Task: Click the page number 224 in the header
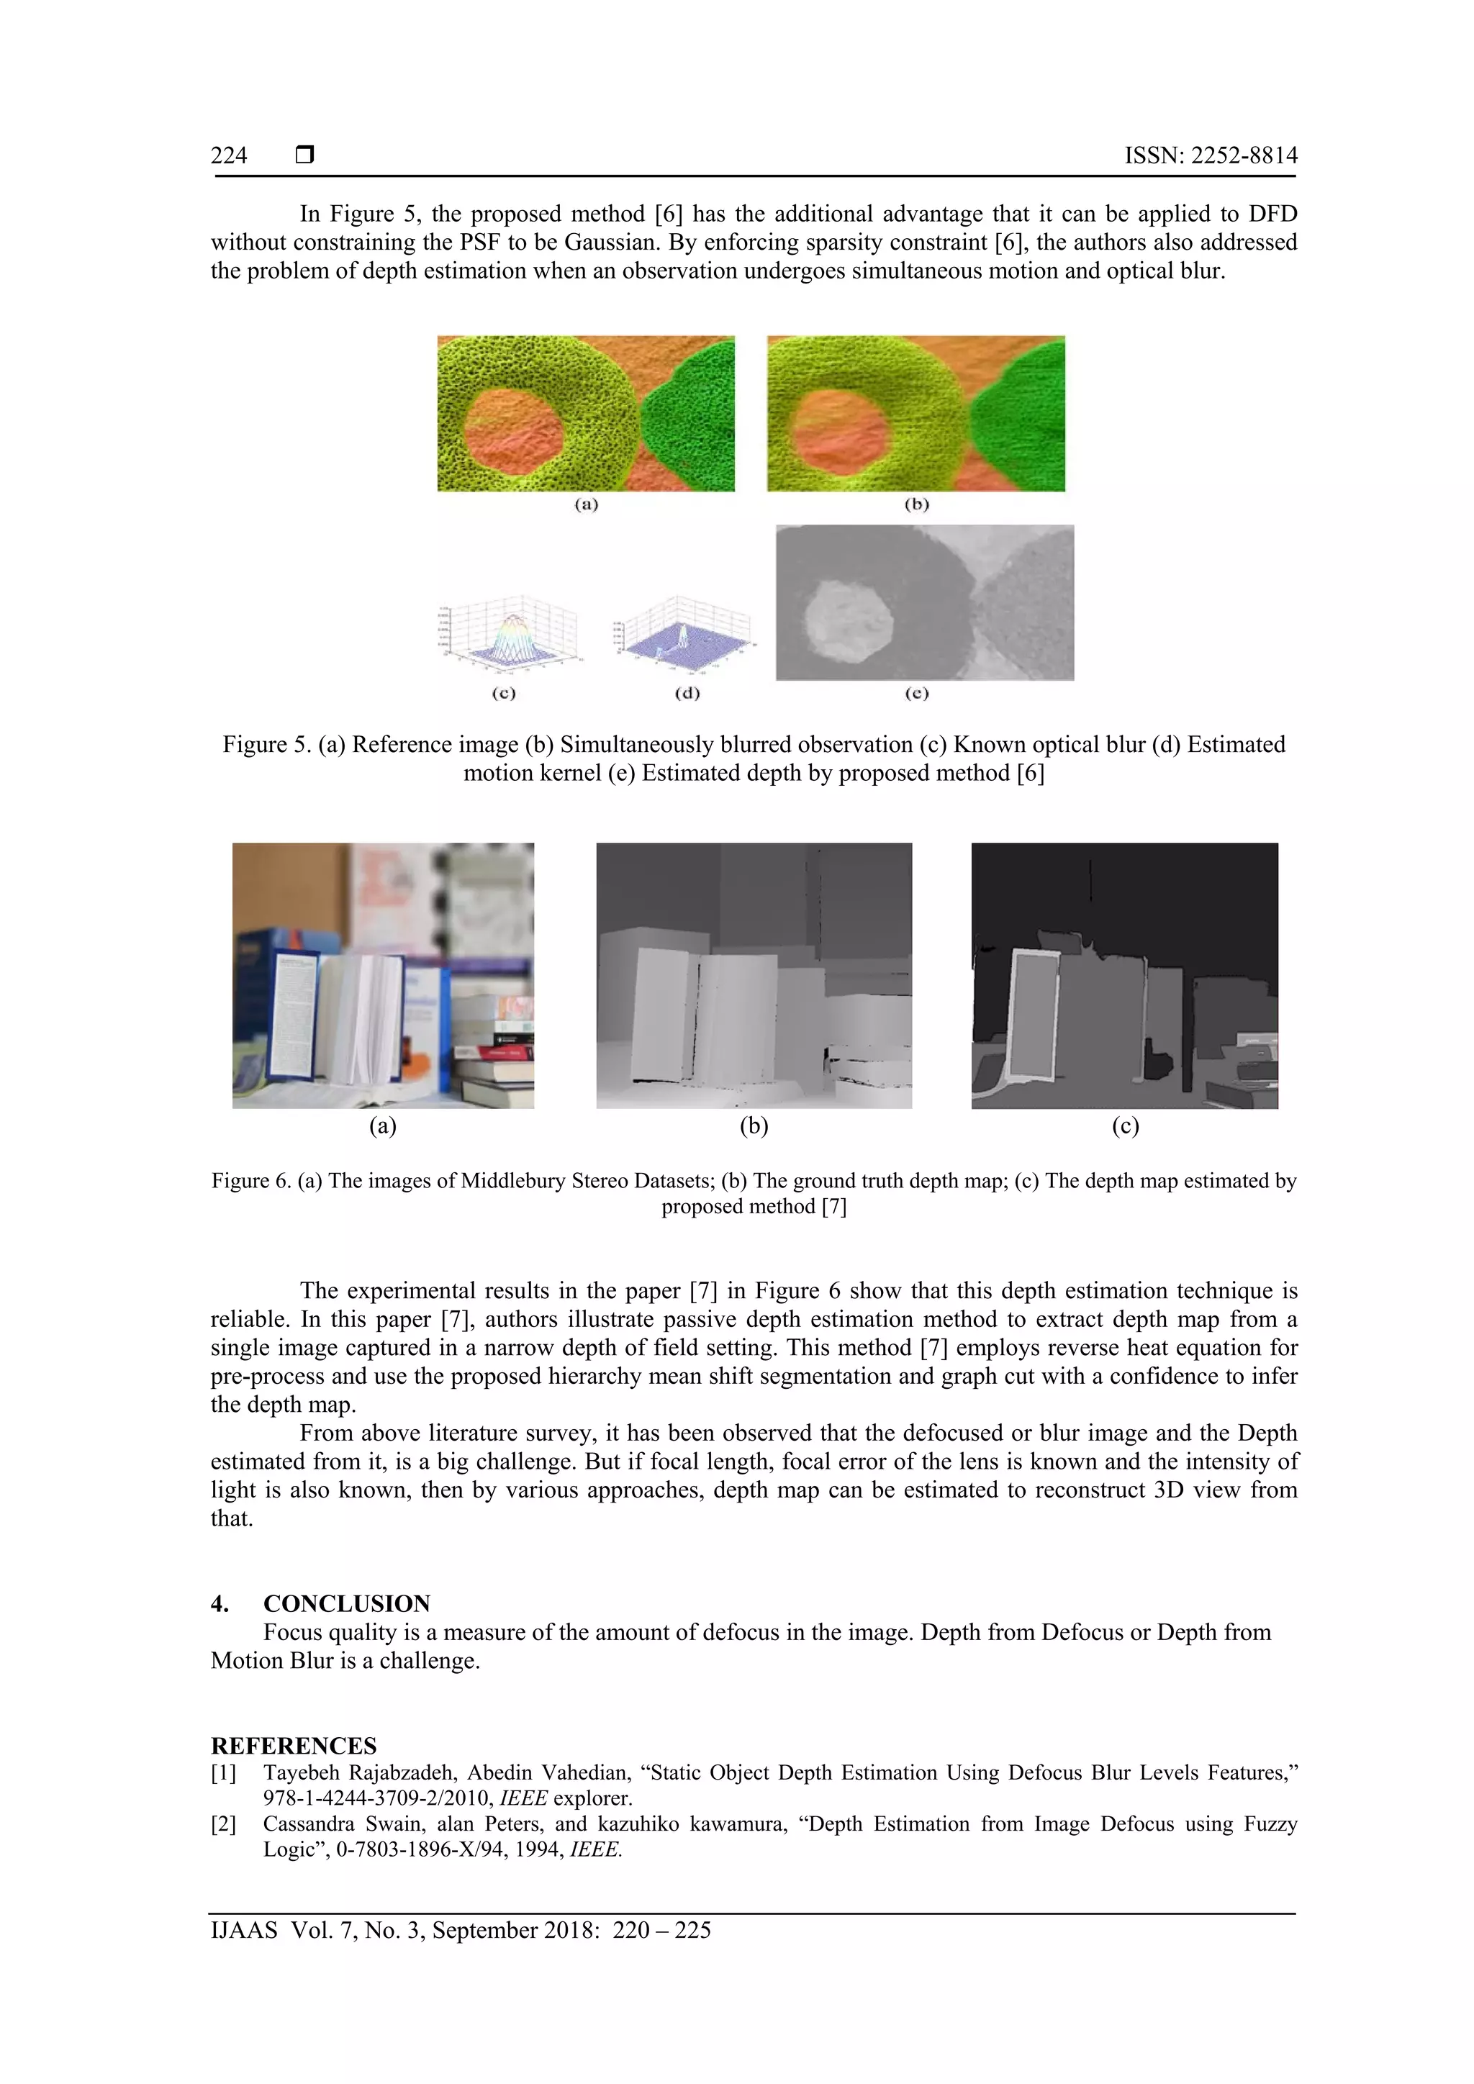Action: click(x=229, y=155)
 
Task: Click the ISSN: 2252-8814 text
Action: click(x=1210, y=155)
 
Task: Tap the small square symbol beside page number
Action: click(x=305, y=155)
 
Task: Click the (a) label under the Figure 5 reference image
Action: click(x=587, y=504)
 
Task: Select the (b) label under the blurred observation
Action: click(x=917, y=504)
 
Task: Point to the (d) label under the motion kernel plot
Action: click(x=687, y=694)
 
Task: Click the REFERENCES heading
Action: click(x=293, y=1747)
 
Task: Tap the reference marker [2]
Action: click(x=223, y=1824)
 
